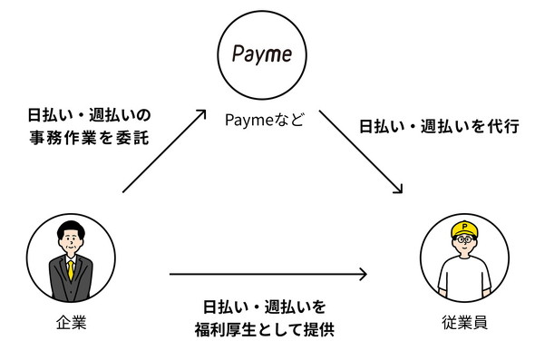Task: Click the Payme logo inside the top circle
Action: click(x=262, y=54)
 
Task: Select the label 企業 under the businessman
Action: click(x=71, y=322)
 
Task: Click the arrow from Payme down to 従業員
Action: click(x=360, y=151)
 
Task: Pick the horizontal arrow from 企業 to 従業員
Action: click(x=268, y=273)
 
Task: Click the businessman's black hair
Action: click(x=71, y=226)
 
